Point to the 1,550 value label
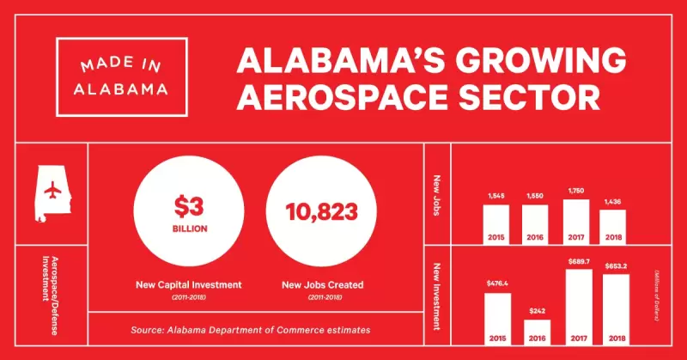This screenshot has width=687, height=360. click(536, 197)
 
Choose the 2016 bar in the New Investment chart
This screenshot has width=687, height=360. click(538, 331)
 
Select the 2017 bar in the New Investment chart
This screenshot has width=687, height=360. click(576, 308)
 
